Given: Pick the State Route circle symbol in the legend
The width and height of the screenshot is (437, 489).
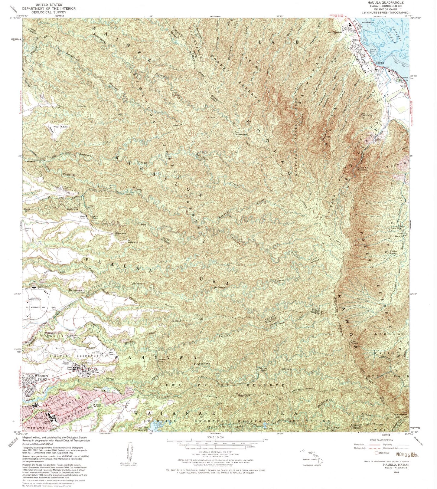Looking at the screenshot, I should tap(377, 453).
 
